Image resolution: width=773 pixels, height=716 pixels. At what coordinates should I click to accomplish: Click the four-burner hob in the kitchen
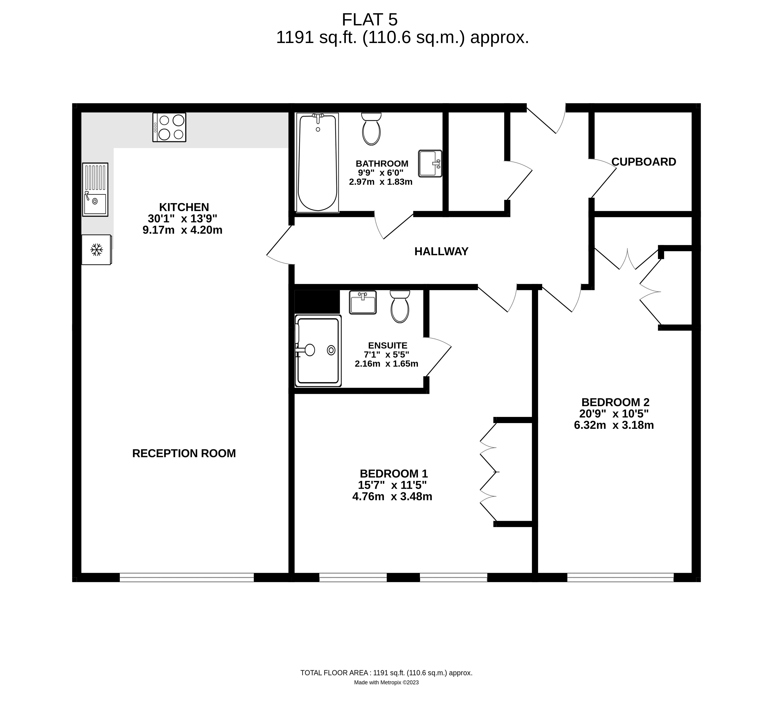click(x=169, y=127)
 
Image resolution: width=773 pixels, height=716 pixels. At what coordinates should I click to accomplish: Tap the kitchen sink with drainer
click(x=95, y=189)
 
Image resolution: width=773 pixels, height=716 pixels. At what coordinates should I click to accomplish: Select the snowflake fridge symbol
click(x=96, y=250)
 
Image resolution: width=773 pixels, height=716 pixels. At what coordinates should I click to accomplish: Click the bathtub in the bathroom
click(x=317, y=163)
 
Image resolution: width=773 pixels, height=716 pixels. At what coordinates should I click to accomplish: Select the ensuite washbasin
click(x=363, y=302)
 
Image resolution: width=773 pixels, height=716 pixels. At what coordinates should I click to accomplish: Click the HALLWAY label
click(x=441, y=251)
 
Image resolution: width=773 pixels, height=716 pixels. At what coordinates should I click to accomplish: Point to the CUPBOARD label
click(x=644, y=162)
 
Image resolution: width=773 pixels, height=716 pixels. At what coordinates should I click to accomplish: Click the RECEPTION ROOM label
click(x=184, y=453)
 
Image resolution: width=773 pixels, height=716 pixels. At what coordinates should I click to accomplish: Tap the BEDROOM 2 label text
click(x=615, y=402)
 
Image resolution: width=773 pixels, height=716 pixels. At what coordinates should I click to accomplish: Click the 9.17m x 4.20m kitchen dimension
click(x=182, y=230)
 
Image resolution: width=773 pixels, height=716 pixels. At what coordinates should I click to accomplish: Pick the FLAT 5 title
click(x=370, y=19)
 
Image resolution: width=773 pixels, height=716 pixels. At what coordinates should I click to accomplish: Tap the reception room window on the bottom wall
click(x=186, y=577)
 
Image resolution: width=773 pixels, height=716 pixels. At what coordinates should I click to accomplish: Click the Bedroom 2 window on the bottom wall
click(x=620, y=577)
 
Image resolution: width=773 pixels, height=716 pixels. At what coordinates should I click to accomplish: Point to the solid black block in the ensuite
click(x=317, y=302)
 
